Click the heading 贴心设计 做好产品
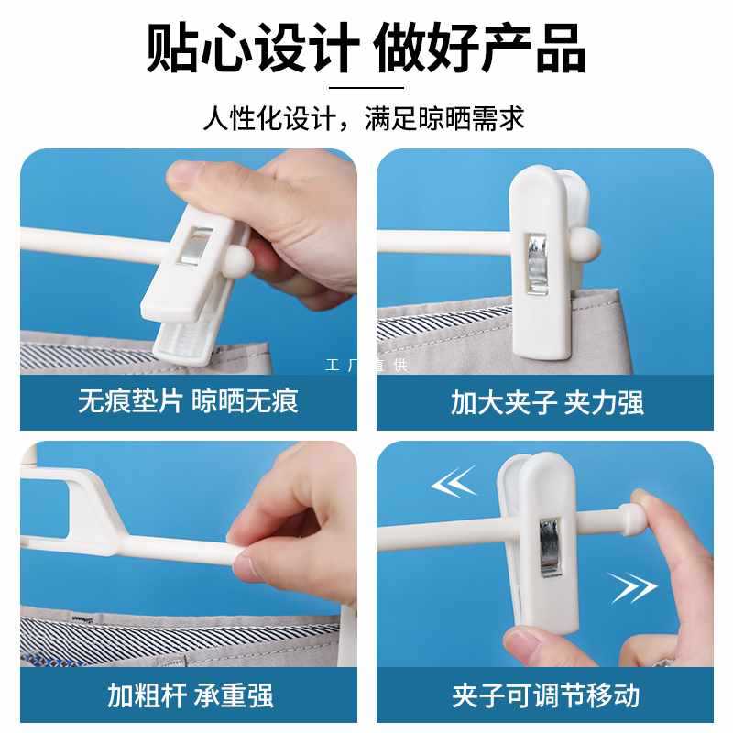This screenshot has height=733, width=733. coord(366,49)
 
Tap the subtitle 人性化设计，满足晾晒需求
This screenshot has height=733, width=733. coord(364,118)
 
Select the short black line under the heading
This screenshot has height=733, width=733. coord(366,87)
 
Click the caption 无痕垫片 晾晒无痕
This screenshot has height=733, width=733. coord(188,401)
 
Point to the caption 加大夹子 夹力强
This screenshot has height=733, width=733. coord(547,402)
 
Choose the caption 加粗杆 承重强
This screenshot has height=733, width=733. coord(191,695)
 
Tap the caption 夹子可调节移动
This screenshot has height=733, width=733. coord(545,695)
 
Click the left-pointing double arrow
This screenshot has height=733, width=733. coord(454,482)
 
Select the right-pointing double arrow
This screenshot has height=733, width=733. coord(633,587)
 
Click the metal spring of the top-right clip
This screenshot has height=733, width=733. coord(537,264)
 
